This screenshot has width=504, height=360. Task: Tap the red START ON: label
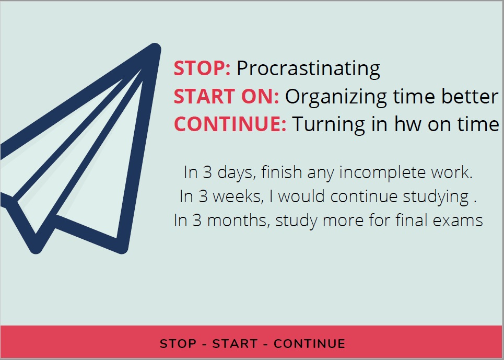click(226, 97)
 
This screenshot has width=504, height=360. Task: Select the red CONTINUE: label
click(230, 124)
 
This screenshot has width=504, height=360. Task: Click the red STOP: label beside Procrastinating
click(202, 68)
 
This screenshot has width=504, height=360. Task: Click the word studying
click(436, 197)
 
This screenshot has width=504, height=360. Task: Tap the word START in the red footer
click(235, 344)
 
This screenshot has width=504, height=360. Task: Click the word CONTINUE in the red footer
click(310, 344)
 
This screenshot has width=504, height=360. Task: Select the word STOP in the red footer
click(178, 344)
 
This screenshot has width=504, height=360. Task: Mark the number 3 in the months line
click(197, 221)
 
